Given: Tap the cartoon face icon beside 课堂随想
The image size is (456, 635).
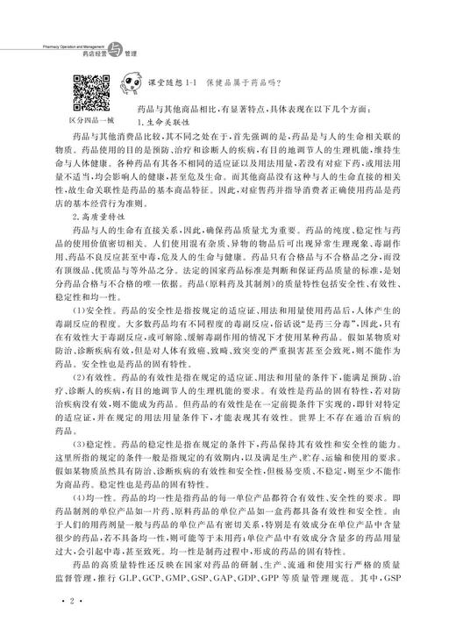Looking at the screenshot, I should [x=118, y=85].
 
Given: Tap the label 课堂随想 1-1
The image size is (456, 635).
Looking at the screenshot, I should [x=168, y=84].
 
